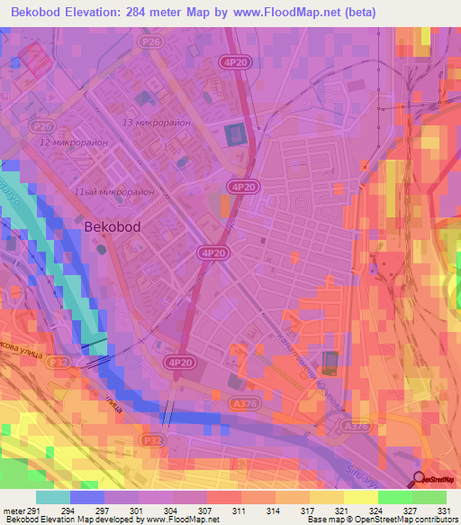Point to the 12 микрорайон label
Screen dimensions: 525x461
click(x=73, y=143)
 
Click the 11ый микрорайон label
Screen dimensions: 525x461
click(x=114, y=192)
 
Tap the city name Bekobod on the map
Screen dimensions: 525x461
click(x=112, y=228)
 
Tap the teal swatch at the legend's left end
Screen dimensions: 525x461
click(x=53, y=497)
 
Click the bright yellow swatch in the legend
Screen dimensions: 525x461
click(x=361, y=497)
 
